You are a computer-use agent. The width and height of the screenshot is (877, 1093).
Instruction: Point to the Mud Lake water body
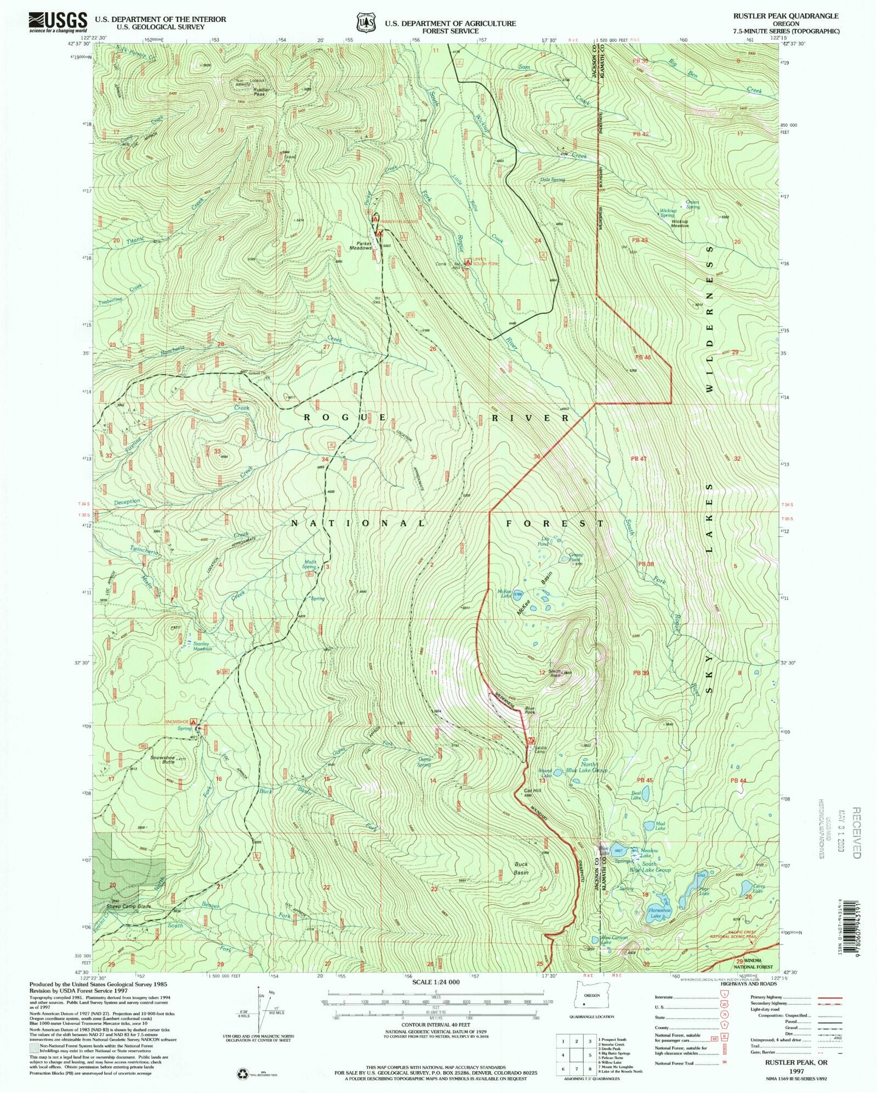(x=648, y=825)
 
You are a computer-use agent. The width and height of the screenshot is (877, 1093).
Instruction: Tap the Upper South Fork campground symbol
(x=468, y=263)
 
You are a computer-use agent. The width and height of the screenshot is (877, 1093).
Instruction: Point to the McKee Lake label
(x=504, y=593)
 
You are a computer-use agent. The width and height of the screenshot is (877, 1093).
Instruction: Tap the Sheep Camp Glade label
(x=129, y=907)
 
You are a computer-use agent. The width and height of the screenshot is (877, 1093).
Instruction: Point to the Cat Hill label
(x=532, y=790)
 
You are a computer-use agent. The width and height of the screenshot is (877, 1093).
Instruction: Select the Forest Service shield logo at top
(x=365, y=22)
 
